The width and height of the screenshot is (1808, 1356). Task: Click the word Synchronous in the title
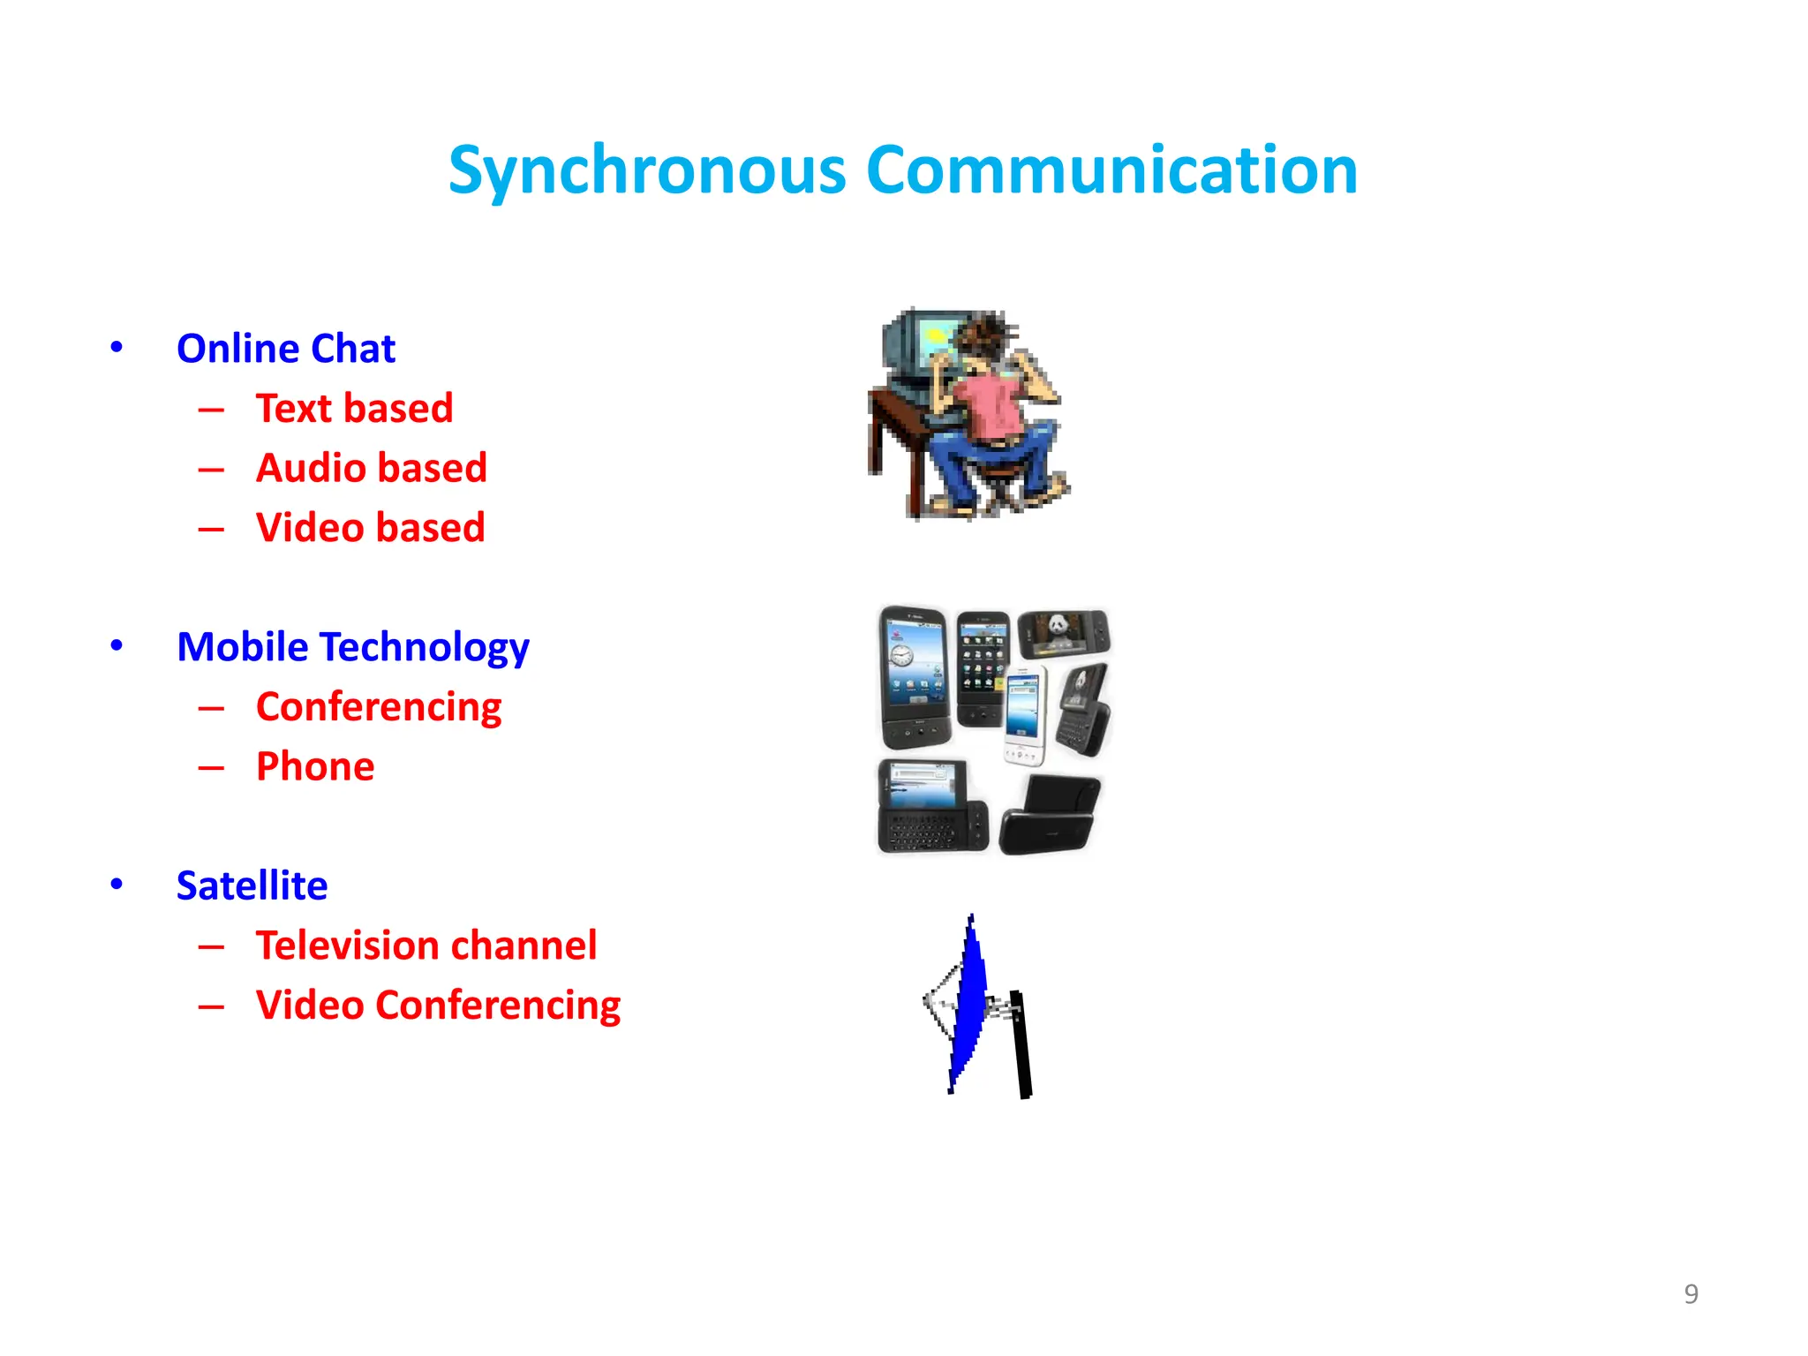click(x=647, y=169)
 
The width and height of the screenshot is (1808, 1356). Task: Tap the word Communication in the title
click(x=1111, y=169)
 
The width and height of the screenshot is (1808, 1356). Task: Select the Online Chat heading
click(x=286, y=348)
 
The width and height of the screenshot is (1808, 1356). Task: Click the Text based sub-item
click(x=354, y=408)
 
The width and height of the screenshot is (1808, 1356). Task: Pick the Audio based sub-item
click(x=371, y=468)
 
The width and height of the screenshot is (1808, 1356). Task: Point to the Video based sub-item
click(x=370, y=527)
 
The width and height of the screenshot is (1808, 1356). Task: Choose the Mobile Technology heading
click(x=352, y=647)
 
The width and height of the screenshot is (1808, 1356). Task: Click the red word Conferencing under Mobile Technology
click(x=378, y=707)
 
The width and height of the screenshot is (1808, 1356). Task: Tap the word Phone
click(x=315, y=766)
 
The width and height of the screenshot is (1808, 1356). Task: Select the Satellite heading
click(x=252, y=885)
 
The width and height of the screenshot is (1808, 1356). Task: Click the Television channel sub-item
click(x=426, y=945)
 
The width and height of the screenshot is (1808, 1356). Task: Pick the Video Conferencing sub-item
click(x=438, y=1006)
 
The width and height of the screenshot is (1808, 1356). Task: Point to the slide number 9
click(x=1691, y=1294)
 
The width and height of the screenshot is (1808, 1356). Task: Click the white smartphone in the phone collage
click(x=1025, y=715)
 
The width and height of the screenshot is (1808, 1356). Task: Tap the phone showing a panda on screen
click(x=1063, y=634)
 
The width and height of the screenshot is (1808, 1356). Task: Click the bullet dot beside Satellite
click(x=117, y=885)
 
